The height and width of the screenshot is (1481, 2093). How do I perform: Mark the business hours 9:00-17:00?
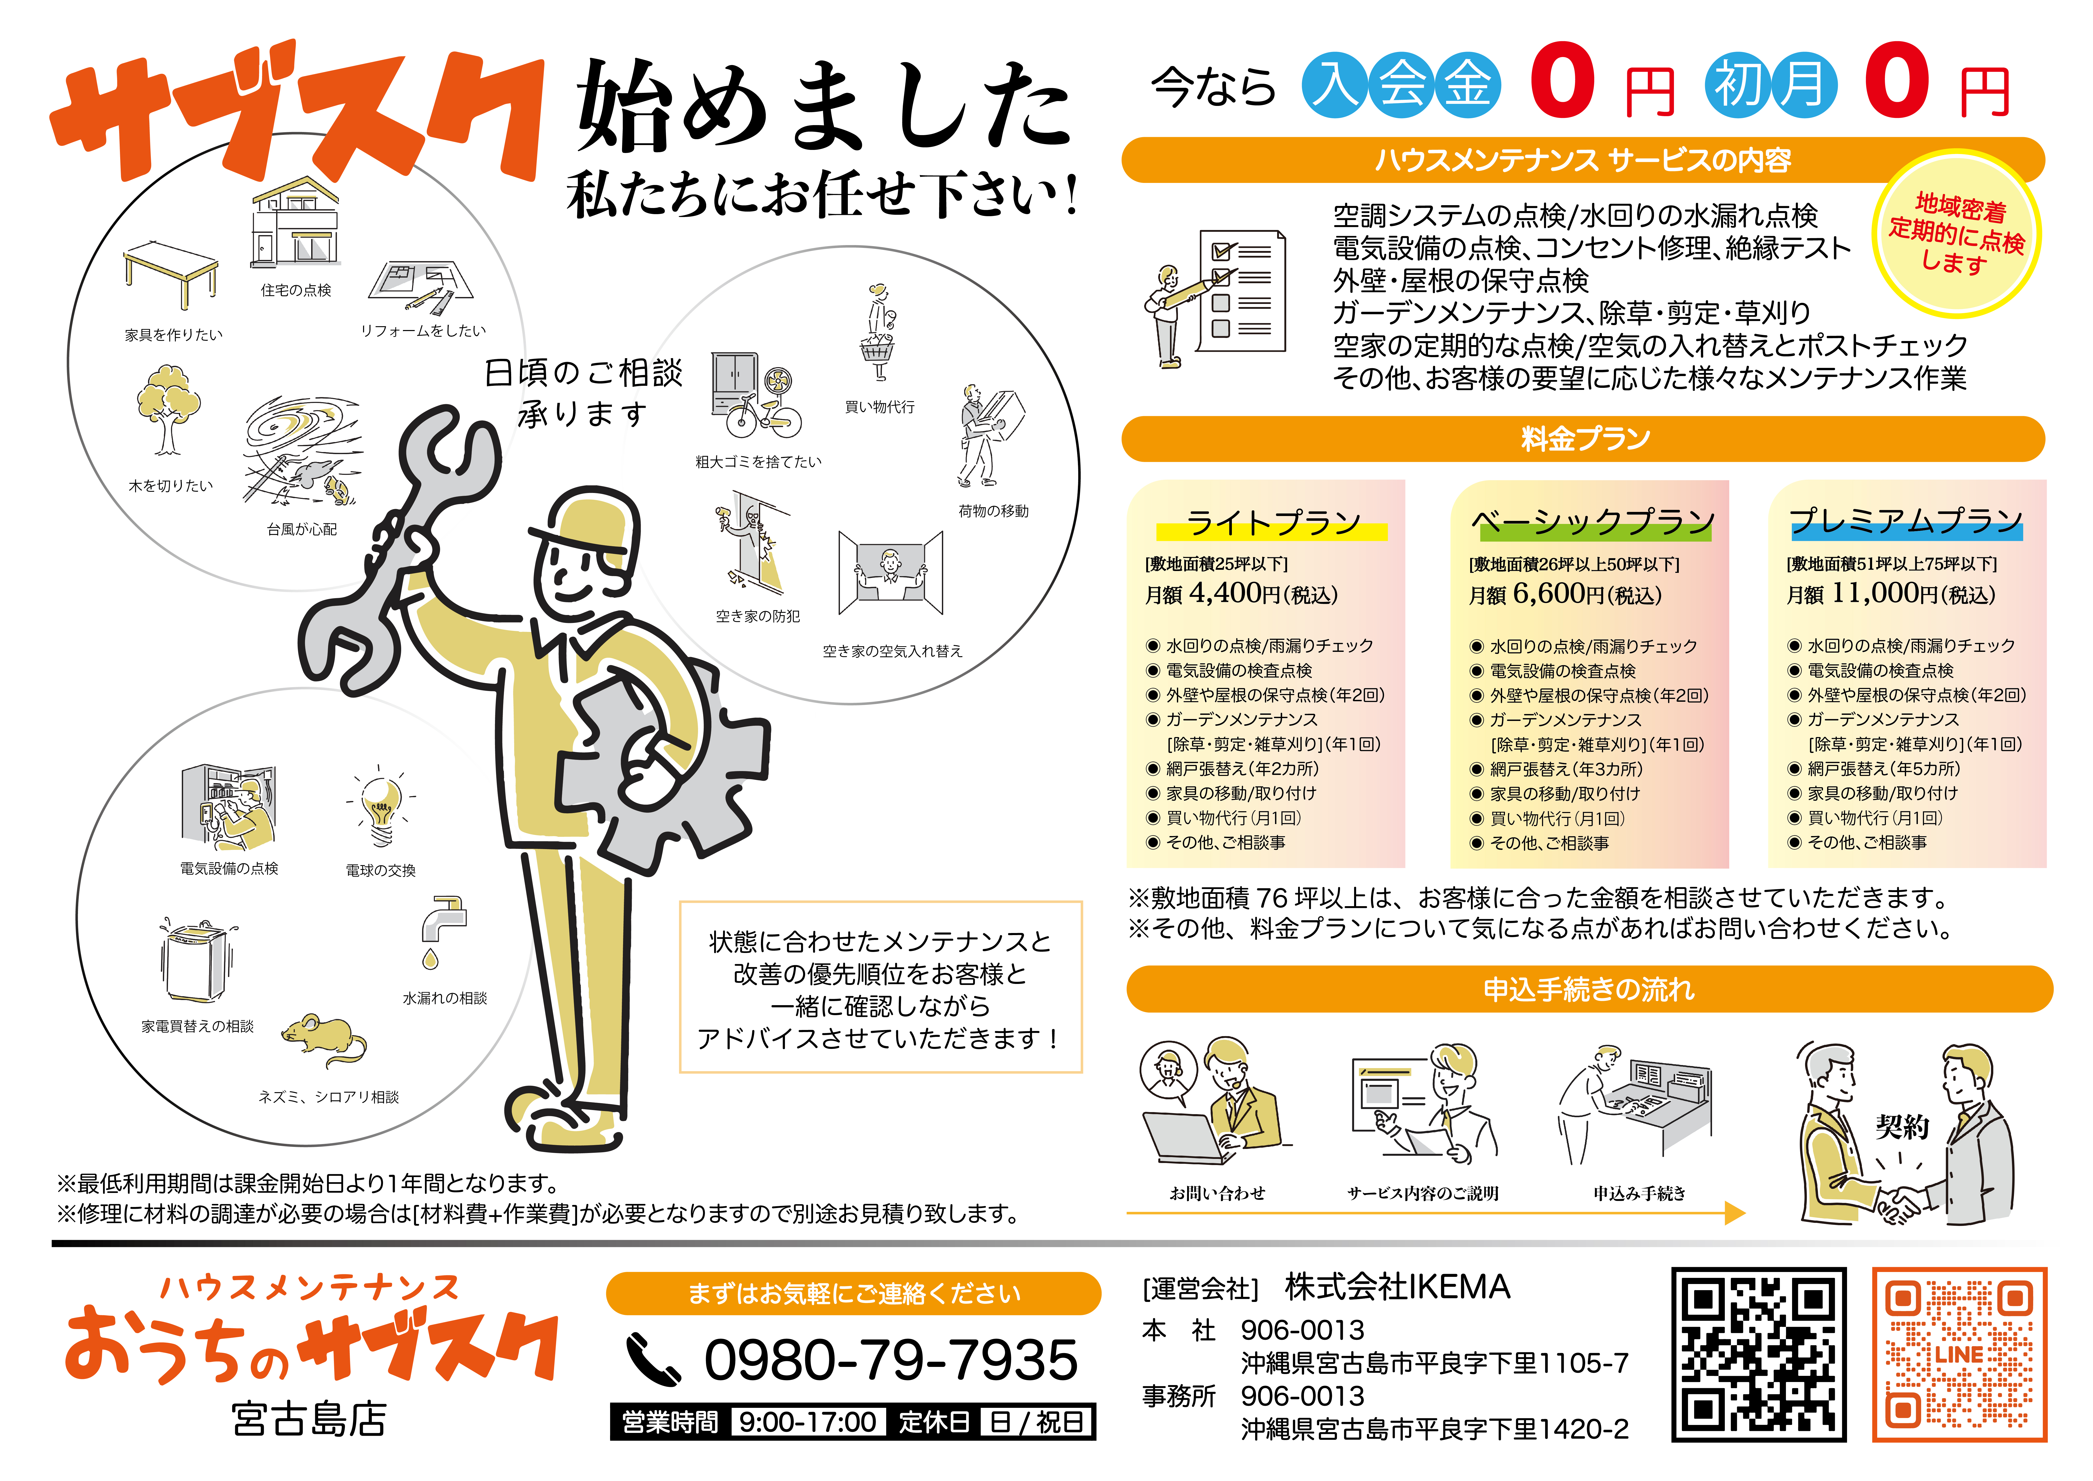807,1422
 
